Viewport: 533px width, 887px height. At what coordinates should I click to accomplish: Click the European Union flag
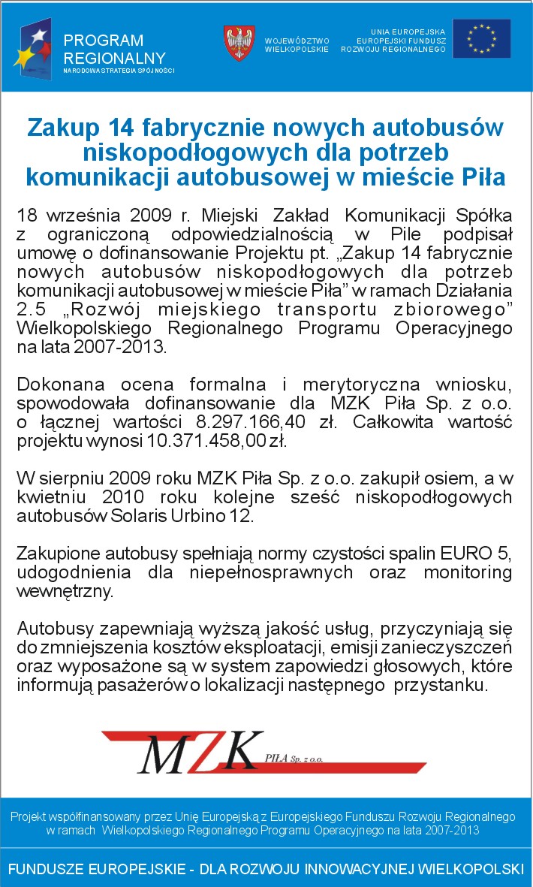point(481,39)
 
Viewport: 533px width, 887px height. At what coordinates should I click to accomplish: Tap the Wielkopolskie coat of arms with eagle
point(239,43)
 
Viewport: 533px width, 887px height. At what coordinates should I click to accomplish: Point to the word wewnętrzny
point(65,591)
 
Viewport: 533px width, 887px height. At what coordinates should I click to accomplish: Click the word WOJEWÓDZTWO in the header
point(297,41)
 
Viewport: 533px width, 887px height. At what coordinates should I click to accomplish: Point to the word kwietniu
point(49,498)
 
